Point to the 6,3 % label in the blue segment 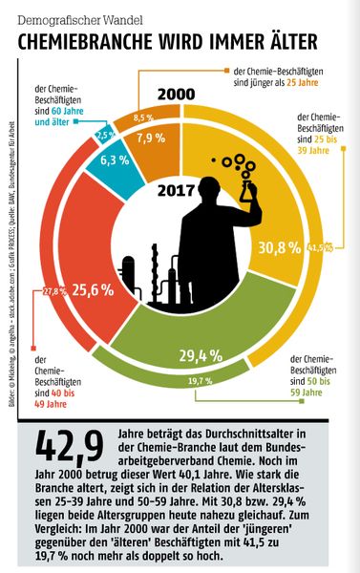[114, 159]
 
